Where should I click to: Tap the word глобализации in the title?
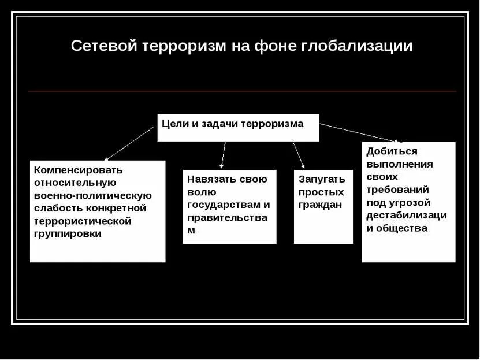coord(356,46)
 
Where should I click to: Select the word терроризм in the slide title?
coord(183,46)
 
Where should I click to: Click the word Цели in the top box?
coord(172,123)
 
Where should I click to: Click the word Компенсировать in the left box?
coord(79,170)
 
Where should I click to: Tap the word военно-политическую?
coord(92,195)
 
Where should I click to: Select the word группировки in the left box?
coord(68,233)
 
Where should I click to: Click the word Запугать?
coord(322,179)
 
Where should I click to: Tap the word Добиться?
coord(392,151)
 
